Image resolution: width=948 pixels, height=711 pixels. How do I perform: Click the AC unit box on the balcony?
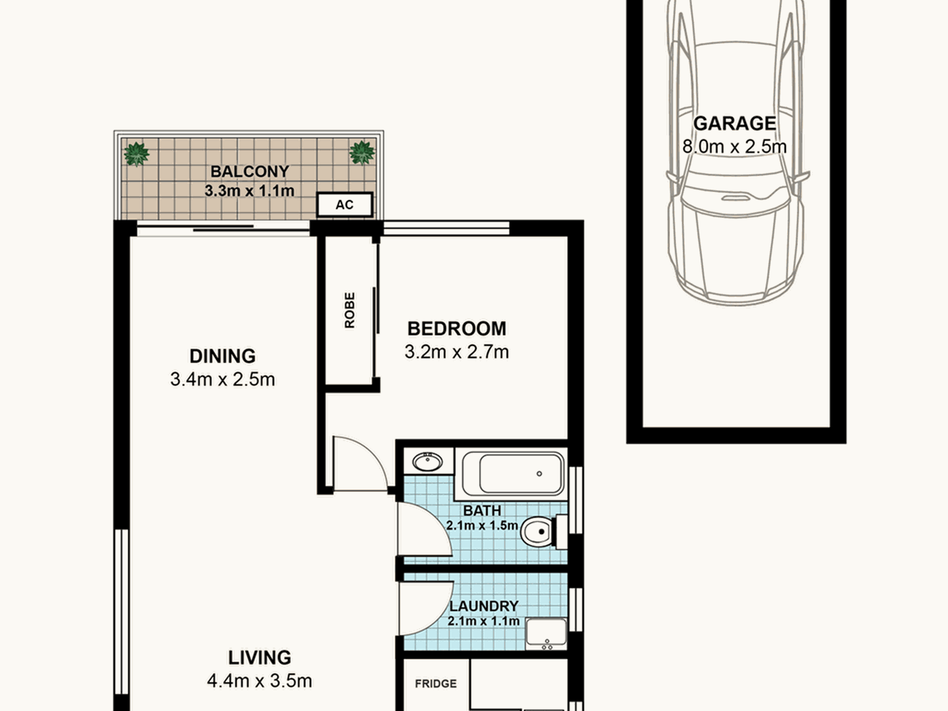345,205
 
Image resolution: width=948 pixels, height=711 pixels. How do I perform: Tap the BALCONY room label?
249,171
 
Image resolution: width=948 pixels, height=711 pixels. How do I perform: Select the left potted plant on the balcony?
136,154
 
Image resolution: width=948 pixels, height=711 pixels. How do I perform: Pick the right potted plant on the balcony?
362,153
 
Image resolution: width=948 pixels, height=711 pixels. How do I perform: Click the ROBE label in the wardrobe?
350,310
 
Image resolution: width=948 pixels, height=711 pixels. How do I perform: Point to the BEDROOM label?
457,329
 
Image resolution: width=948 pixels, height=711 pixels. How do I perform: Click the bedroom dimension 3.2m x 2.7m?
457,352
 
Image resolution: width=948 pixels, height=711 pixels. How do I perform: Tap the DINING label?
223,356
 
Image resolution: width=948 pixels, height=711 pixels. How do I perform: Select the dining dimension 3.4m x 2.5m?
223,380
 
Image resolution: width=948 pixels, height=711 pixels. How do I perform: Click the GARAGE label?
734,123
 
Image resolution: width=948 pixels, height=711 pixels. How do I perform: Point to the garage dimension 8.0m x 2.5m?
734,147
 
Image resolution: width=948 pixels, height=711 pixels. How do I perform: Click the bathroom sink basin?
428,462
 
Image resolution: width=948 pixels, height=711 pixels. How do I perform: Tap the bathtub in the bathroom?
513,474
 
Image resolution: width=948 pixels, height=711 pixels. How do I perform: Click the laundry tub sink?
546,634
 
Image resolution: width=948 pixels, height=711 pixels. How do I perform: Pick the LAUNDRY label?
483,606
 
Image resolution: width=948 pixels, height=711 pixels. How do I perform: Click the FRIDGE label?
436,684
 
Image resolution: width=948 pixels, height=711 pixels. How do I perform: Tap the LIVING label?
259,658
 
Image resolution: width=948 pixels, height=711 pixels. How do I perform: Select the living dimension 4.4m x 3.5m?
259,681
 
